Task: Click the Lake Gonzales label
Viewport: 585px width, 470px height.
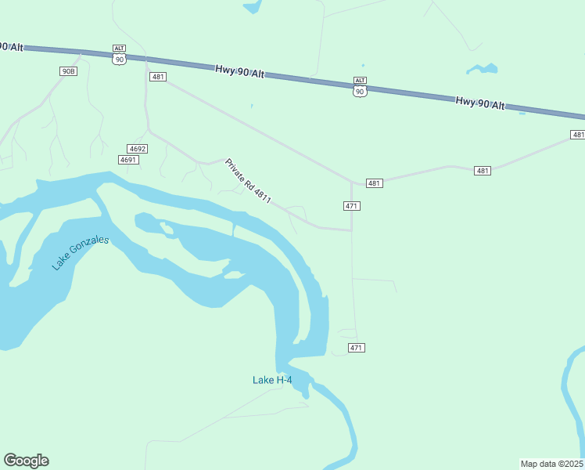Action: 81,252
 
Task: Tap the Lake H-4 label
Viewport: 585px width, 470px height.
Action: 272,380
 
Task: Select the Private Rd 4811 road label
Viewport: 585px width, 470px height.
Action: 248,182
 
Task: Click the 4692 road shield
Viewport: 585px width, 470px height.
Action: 138,149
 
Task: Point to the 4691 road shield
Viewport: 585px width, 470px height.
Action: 128,160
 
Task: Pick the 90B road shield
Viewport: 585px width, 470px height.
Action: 69,71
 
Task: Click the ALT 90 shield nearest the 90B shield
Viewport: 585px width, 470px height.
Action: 119,55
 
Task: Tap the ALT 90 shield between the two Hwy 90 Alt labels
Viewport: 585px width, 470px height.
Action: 360,87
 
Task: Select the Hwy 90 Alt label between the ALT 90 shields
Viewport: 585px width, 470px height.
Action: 239,73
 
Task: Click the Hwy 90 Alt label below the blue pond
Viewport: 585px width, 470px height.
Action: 480,103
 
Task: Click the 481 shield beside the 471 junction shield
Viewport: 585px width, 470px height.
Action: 374,183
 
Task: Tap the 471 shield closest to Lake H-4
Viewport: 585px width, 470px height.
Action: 356,348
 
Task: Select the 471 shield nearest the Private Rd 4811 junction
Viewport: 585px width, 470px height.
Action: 351,206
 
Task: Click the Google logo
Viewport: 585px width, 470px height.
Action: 27,461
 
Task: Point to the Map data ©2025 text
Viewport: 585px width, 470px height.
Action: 552,464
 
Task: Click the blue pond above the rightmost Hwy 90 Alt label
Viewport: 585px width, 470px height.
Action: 483,69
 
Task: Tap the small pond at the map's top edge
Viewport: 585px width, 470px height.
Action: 253,7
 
